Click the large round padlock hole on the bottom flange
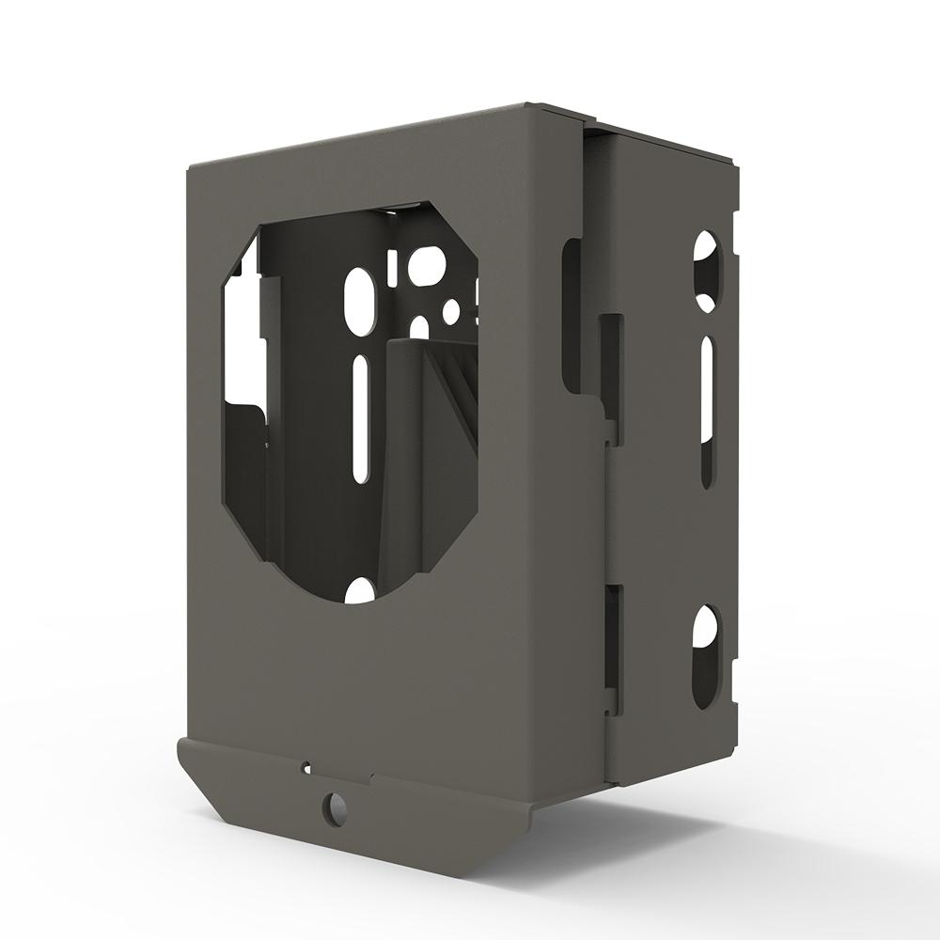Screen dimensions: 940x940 point(333,806)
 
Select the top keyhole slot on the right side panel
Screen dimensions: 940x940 point(707,273)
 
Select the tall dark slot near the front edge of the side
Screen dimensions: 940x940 point(570,315)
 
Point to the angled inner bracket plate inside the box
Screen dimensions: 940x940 point(432,451)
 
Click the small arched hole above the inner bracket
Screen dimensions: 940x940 point(419,326)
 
